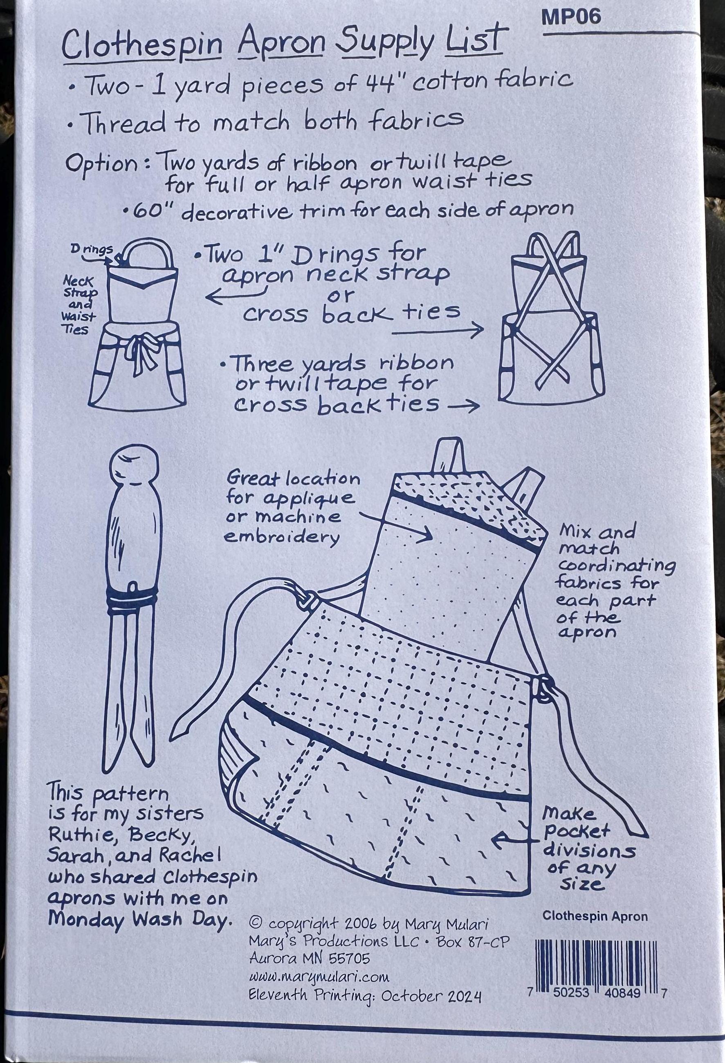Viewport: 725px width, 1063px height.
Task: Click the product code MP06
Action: (x=571, y=18)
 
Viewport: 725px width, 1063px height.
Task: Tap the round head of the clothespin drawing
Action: (x=135, y=464)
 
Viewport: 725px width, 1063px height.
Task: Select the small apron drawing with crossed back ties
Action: (x=552, y=318)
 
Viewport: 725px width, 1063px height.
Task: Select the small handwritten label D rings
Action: (x=92, y=250)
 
